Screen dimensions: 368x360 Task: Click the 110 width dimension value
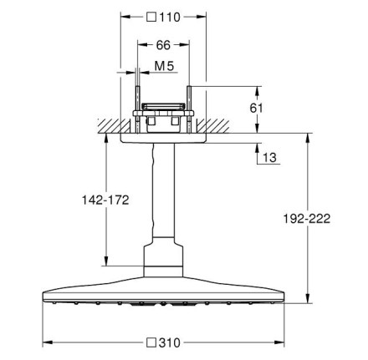170,18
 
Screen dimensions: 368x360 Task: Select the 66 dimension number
163,45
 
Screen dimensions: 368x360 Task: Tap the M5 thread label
164,66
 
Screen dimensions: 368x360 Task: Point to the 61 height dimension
256,108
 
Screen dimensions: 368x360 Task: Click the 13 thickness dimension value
269,158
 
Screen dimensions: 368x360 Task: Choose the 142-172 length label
105,200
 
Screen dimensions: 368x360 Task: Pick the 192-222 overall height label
307,219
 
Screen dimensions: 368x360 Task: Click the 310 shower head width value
170,342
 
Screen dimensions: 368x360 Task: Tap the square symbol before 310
151,342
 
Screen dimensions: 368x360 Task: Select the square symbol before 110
151,18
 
